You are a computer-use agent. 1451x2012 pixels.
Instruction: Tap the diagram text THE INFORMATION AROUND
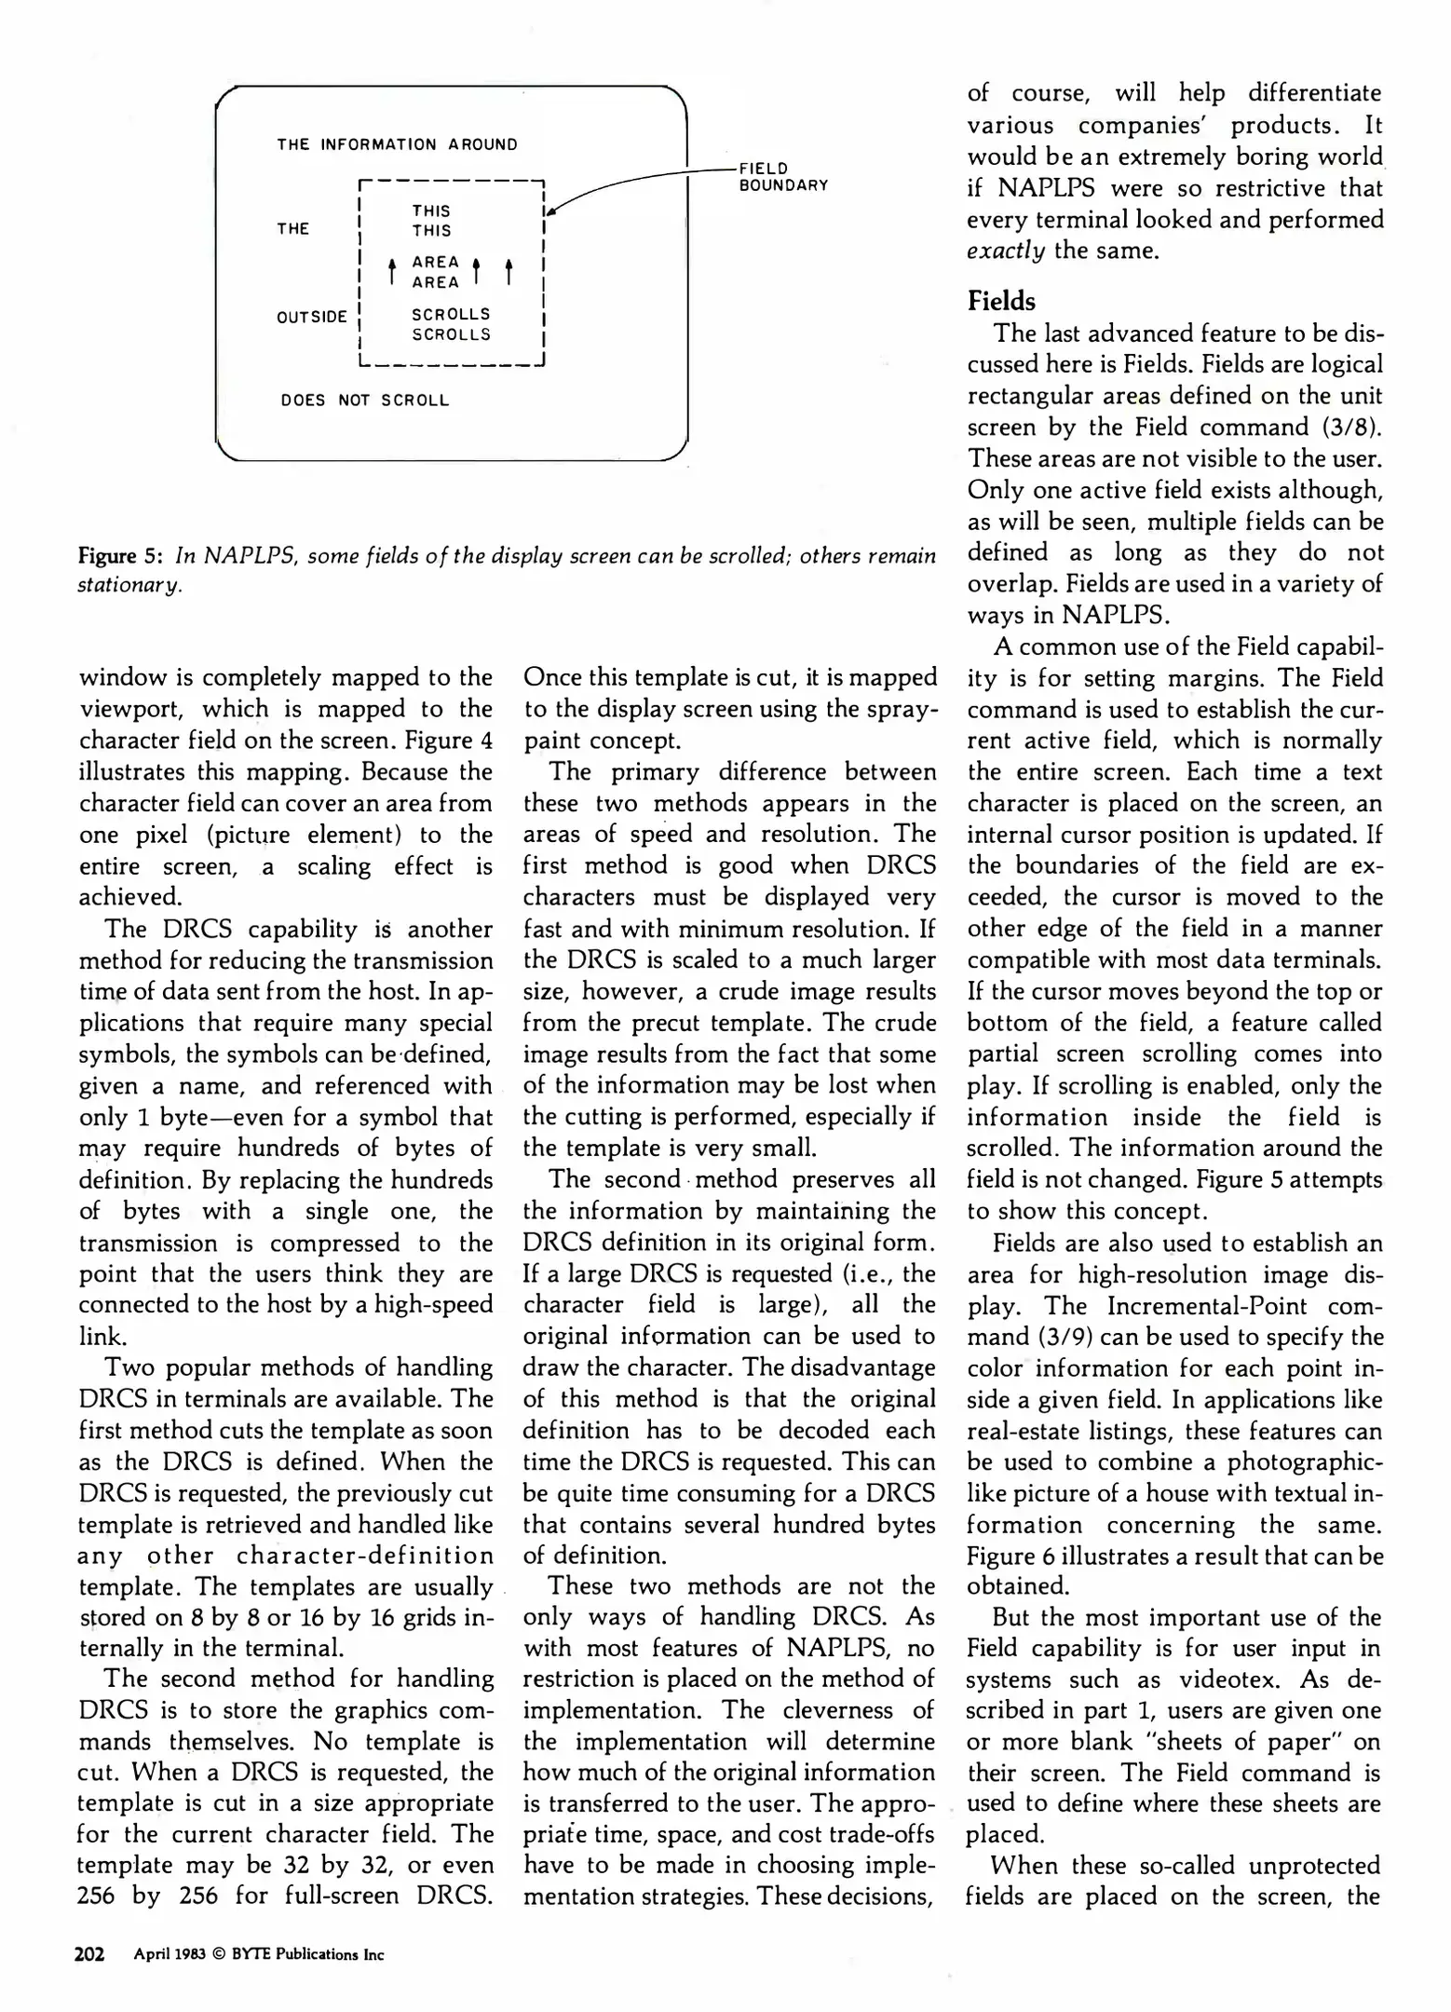click(397, 144)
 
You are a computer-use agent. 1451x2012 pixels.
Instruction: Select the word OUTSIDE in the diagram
click(311, 317)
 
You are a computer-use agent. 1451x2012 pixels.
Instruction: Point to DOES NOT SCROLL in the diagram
click(364, 401)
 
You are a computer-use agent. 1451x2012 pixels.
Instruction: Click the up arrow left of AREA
click(392, 271)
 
